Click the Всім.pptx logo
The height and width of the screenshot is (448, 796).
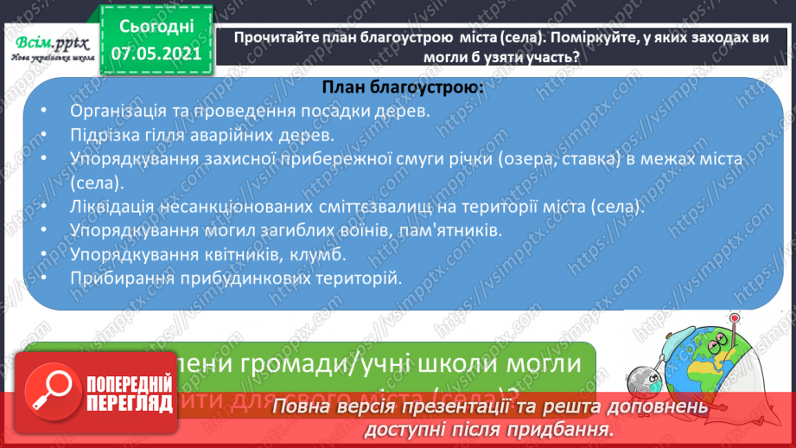(x=48, y=48)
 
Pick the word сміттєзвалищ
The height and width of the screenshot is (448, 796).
(x=383, y=208)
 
